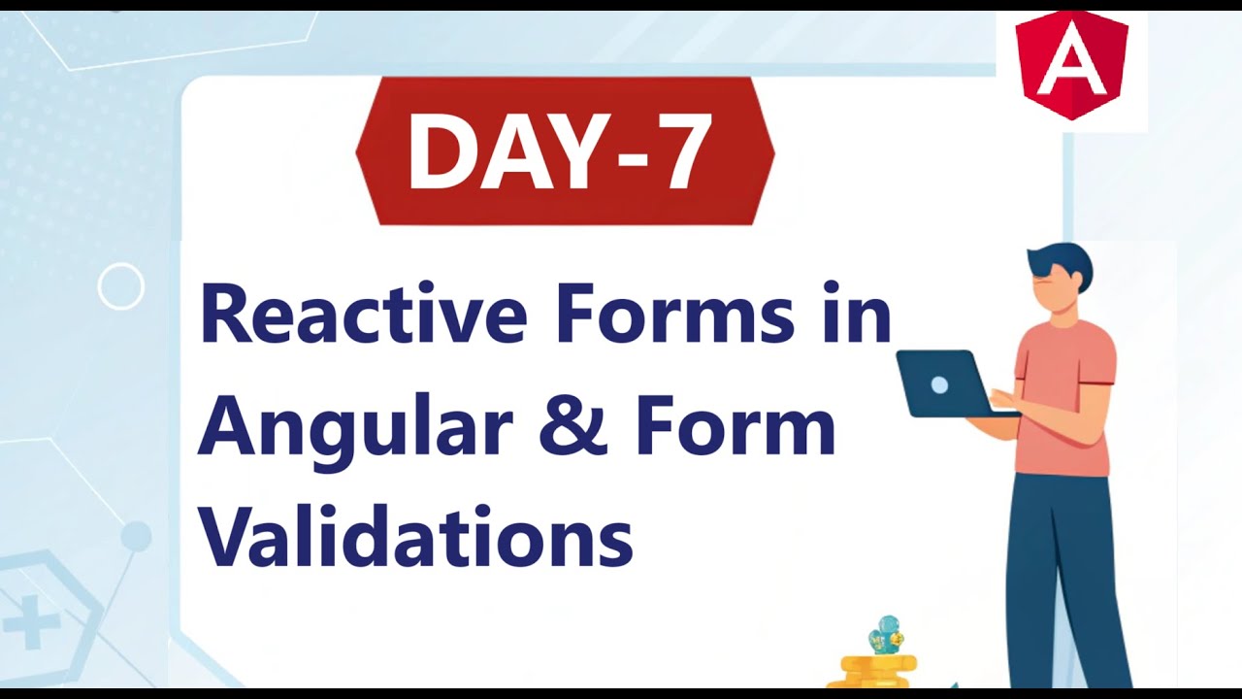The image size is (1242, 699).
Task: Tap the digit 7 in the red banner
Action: pyautogui.click(x=668, y=151)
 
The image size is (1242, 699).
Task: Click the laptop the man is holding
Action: pyautogui.click(x=940, y=384)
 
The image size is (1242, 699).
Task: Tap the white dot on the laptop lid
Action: pyautogui.click(x=938, y=385)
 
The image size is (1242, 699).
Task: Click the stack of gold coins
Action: pyautogui.click(x=878, y=671)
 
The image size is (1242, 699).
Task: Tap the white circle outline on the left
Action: pyautogui.click(x=121, y=286)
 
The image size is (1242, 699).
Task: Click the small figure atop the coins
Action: pyautogui.click(x=885, y=636)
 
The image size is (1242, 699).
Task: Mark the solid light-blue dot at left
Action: pyautogui.click(x=136, y=536)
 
